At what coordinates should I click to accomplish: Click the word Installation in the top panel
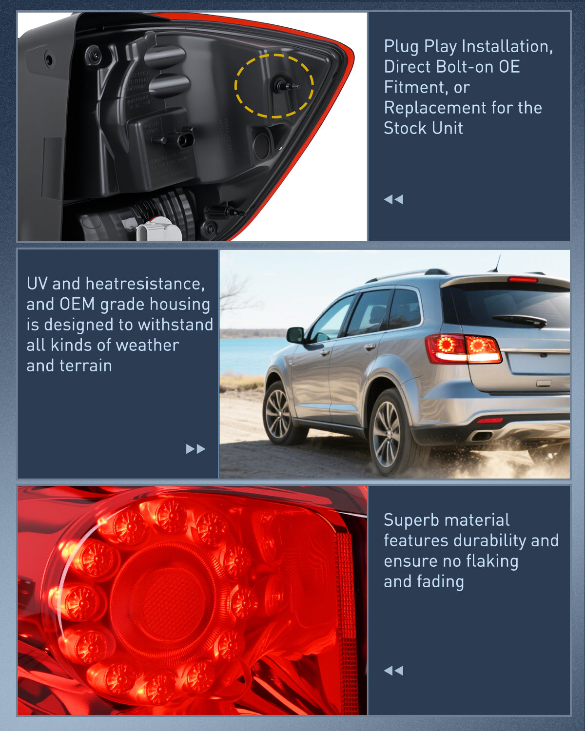[507, 46]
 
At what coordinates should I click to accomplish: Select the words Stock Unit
[423, 128]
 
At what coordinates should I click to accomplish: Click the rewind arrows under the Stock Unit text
[393, 199]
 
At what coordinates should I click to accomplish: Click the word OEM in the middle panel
[77, 304]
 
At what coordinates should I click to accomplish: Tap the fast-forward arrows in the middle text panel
[195, 449]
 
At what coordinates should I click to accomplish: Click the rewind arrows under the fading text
[393, 671]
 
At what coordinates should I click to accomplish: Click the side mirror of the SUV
[295, 335]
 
